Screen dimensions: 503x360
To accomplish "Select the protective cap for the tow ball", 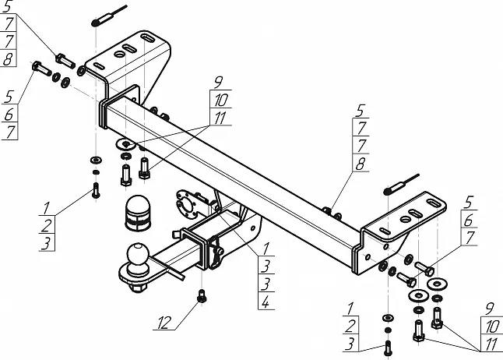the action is coord(138,213).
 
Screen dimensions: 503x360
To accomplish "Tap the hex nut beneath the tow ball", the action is coord(138,287).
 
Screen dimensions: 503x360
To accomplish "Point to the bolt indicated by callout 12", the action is coord(202,296).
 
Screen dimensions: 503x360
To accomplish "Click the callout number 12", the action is coord(164,323).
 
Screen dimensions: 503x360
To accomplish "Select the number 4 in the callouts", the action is coord(266,302).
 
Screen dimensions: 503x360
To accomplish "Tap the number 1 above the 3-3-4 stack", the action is coord(266,249).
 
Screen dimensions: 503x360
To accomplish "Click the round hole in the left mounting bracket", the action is coord(119,55).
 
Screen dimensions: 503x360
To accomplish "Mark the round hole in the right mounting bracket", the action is coord(406,219).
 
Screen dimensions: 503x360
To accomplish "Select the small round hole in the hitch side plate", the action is coord(253,228).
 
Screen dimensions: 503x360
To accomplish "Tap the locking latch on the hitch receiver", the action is coord(217,252).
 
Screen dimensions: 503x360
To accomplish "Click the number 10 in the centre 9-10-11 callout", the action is coord(220,101).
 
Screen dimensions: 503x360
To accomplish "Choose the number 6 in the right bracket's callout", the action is coord(469,221).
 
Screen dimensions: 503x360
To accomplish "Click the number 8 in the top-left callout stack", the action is coord(8,58).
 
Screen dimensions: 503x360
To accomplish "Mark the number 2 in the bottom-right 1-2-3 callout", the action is coord(350,325).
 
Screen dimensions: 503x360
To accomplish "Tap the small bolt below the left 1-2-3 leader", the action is coord(96,190).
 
